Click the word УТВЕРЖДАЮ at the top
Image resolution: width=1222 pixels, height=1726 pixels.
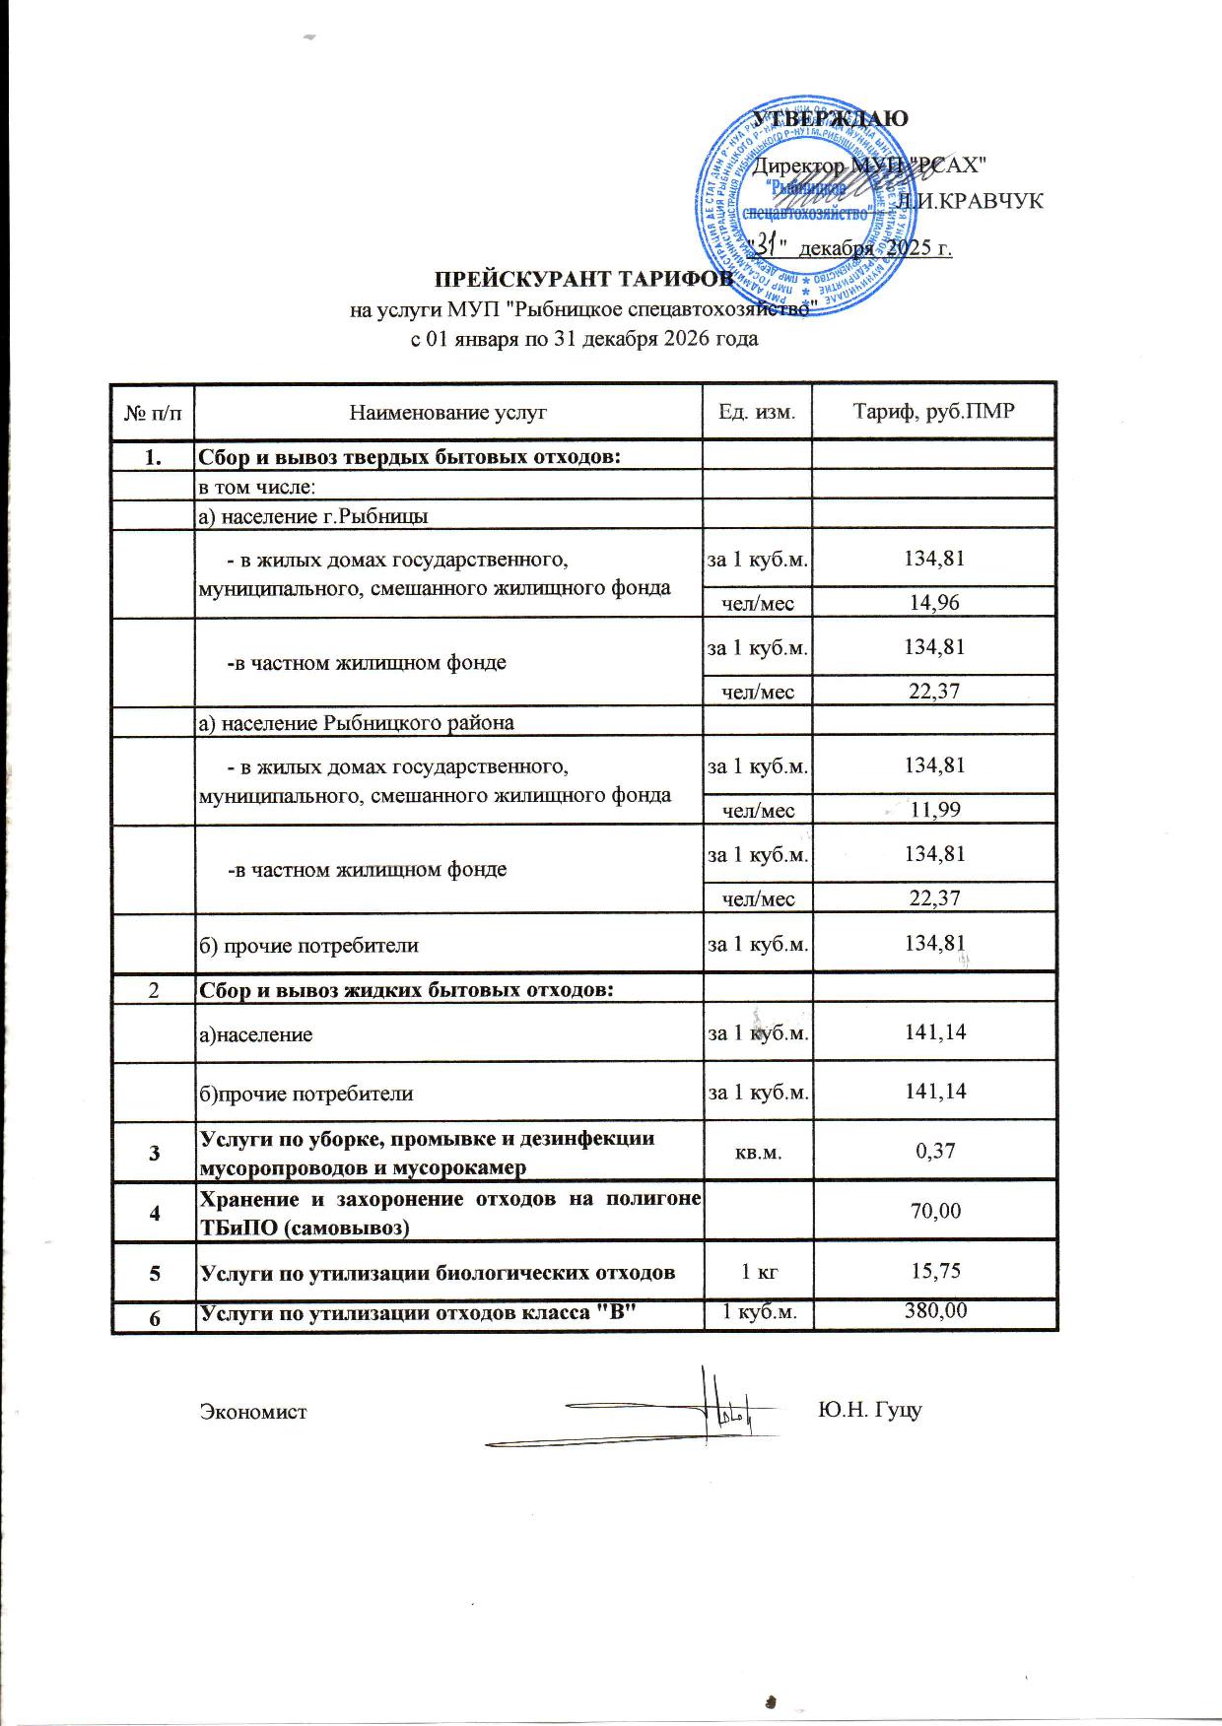(830, 118)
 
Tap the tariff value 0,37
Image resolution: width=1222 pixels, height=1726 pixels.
(935, 1150)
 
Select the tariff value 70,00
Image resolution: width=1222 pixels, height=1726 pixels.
(935, 1211)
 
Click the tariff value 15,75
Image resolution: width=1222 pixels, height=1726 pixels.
(935, 1271)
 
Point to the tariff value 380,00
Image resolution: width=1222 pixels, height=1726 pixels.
(935, 1311)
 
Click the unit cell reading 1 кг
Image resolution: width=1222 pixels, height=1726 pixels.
(758, 1271)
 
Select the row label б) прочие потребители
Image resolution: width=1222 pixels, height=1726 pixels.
(309, 946)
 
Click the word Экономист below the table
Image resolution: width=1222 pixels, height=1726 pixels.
(253, 1412)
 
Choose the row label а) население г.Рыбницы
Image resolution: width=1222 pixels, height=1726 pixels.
(313, 516)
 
